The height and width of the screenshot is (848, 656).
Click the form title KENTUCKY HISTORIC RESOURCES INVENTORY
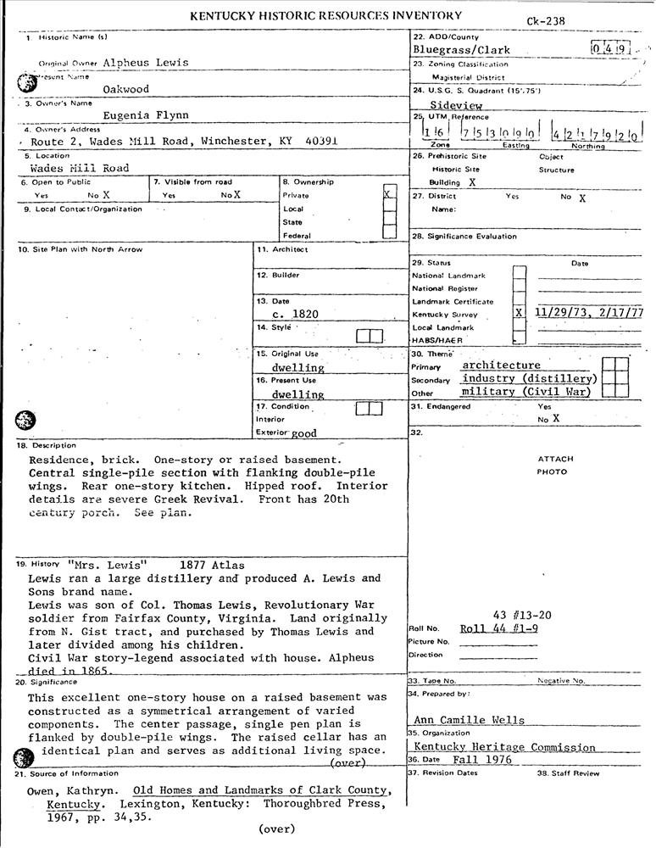click(x=325, y=15)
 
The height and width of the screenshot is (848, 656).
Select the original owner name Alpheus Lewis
click(x=145, y=62)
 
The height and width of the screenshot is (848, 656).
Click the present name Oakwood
click(x=125, y=88)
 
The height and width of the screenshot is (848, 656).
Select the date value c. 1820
click(x=295, y=314)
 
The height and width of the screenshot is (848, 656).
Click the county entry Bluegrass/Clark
click(x=462, y=50)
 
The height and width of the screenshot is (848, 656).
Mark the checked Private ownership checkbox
click(x=389, y=194)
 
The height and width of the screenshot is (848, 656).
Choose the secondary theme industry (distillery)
click(x=530, y=378)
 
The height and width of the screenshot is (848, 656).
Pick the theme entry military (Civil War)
click(x=525, y=392)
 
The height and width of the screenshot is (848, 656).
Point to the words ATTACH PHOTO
click(x=556, y=466)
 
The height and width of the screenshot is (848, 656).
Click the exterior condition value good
click(x=303, y=433)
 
